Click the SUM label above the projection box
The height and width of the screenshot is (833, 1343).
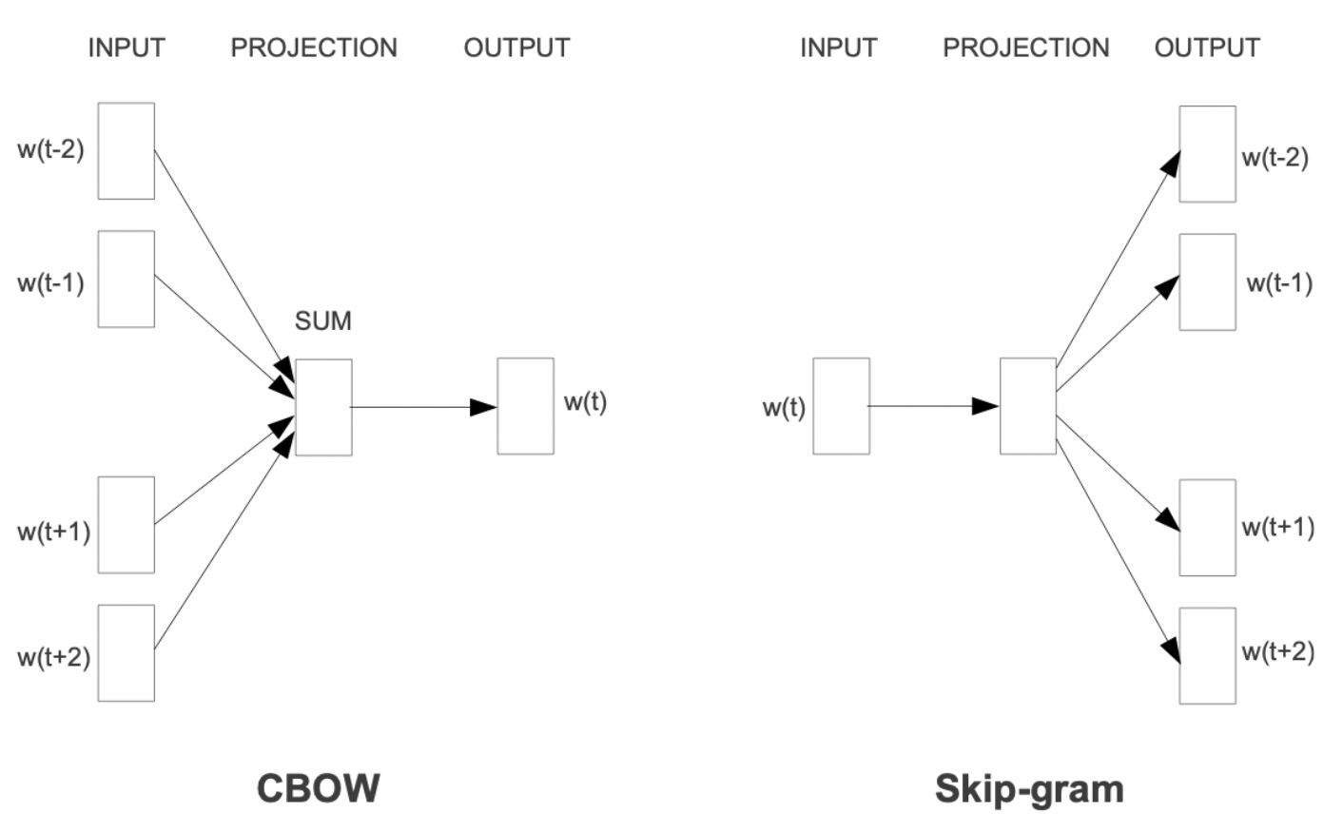(323, 321)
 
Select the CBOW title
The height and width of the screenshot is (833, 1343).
(319, 788)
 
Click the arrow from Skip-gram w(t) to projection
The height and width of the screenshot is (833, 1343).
(933, 406)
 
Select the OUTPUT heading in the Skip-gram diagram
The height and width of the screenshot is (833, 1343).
(1208, 48)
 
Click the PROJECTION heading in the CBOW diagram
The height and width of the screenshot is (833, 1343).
(314, 48)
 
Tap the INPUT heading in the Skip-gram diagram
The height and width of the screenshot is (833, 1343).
(839, 48)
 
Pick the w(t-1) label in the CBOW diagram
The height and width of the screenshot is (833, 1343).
(51, 282)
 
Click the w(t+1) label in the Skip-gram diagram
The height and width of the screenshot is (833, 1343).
(1278, 528)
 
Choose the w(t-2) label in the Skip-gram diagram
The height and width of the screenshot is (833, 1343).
(1275, 158)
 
